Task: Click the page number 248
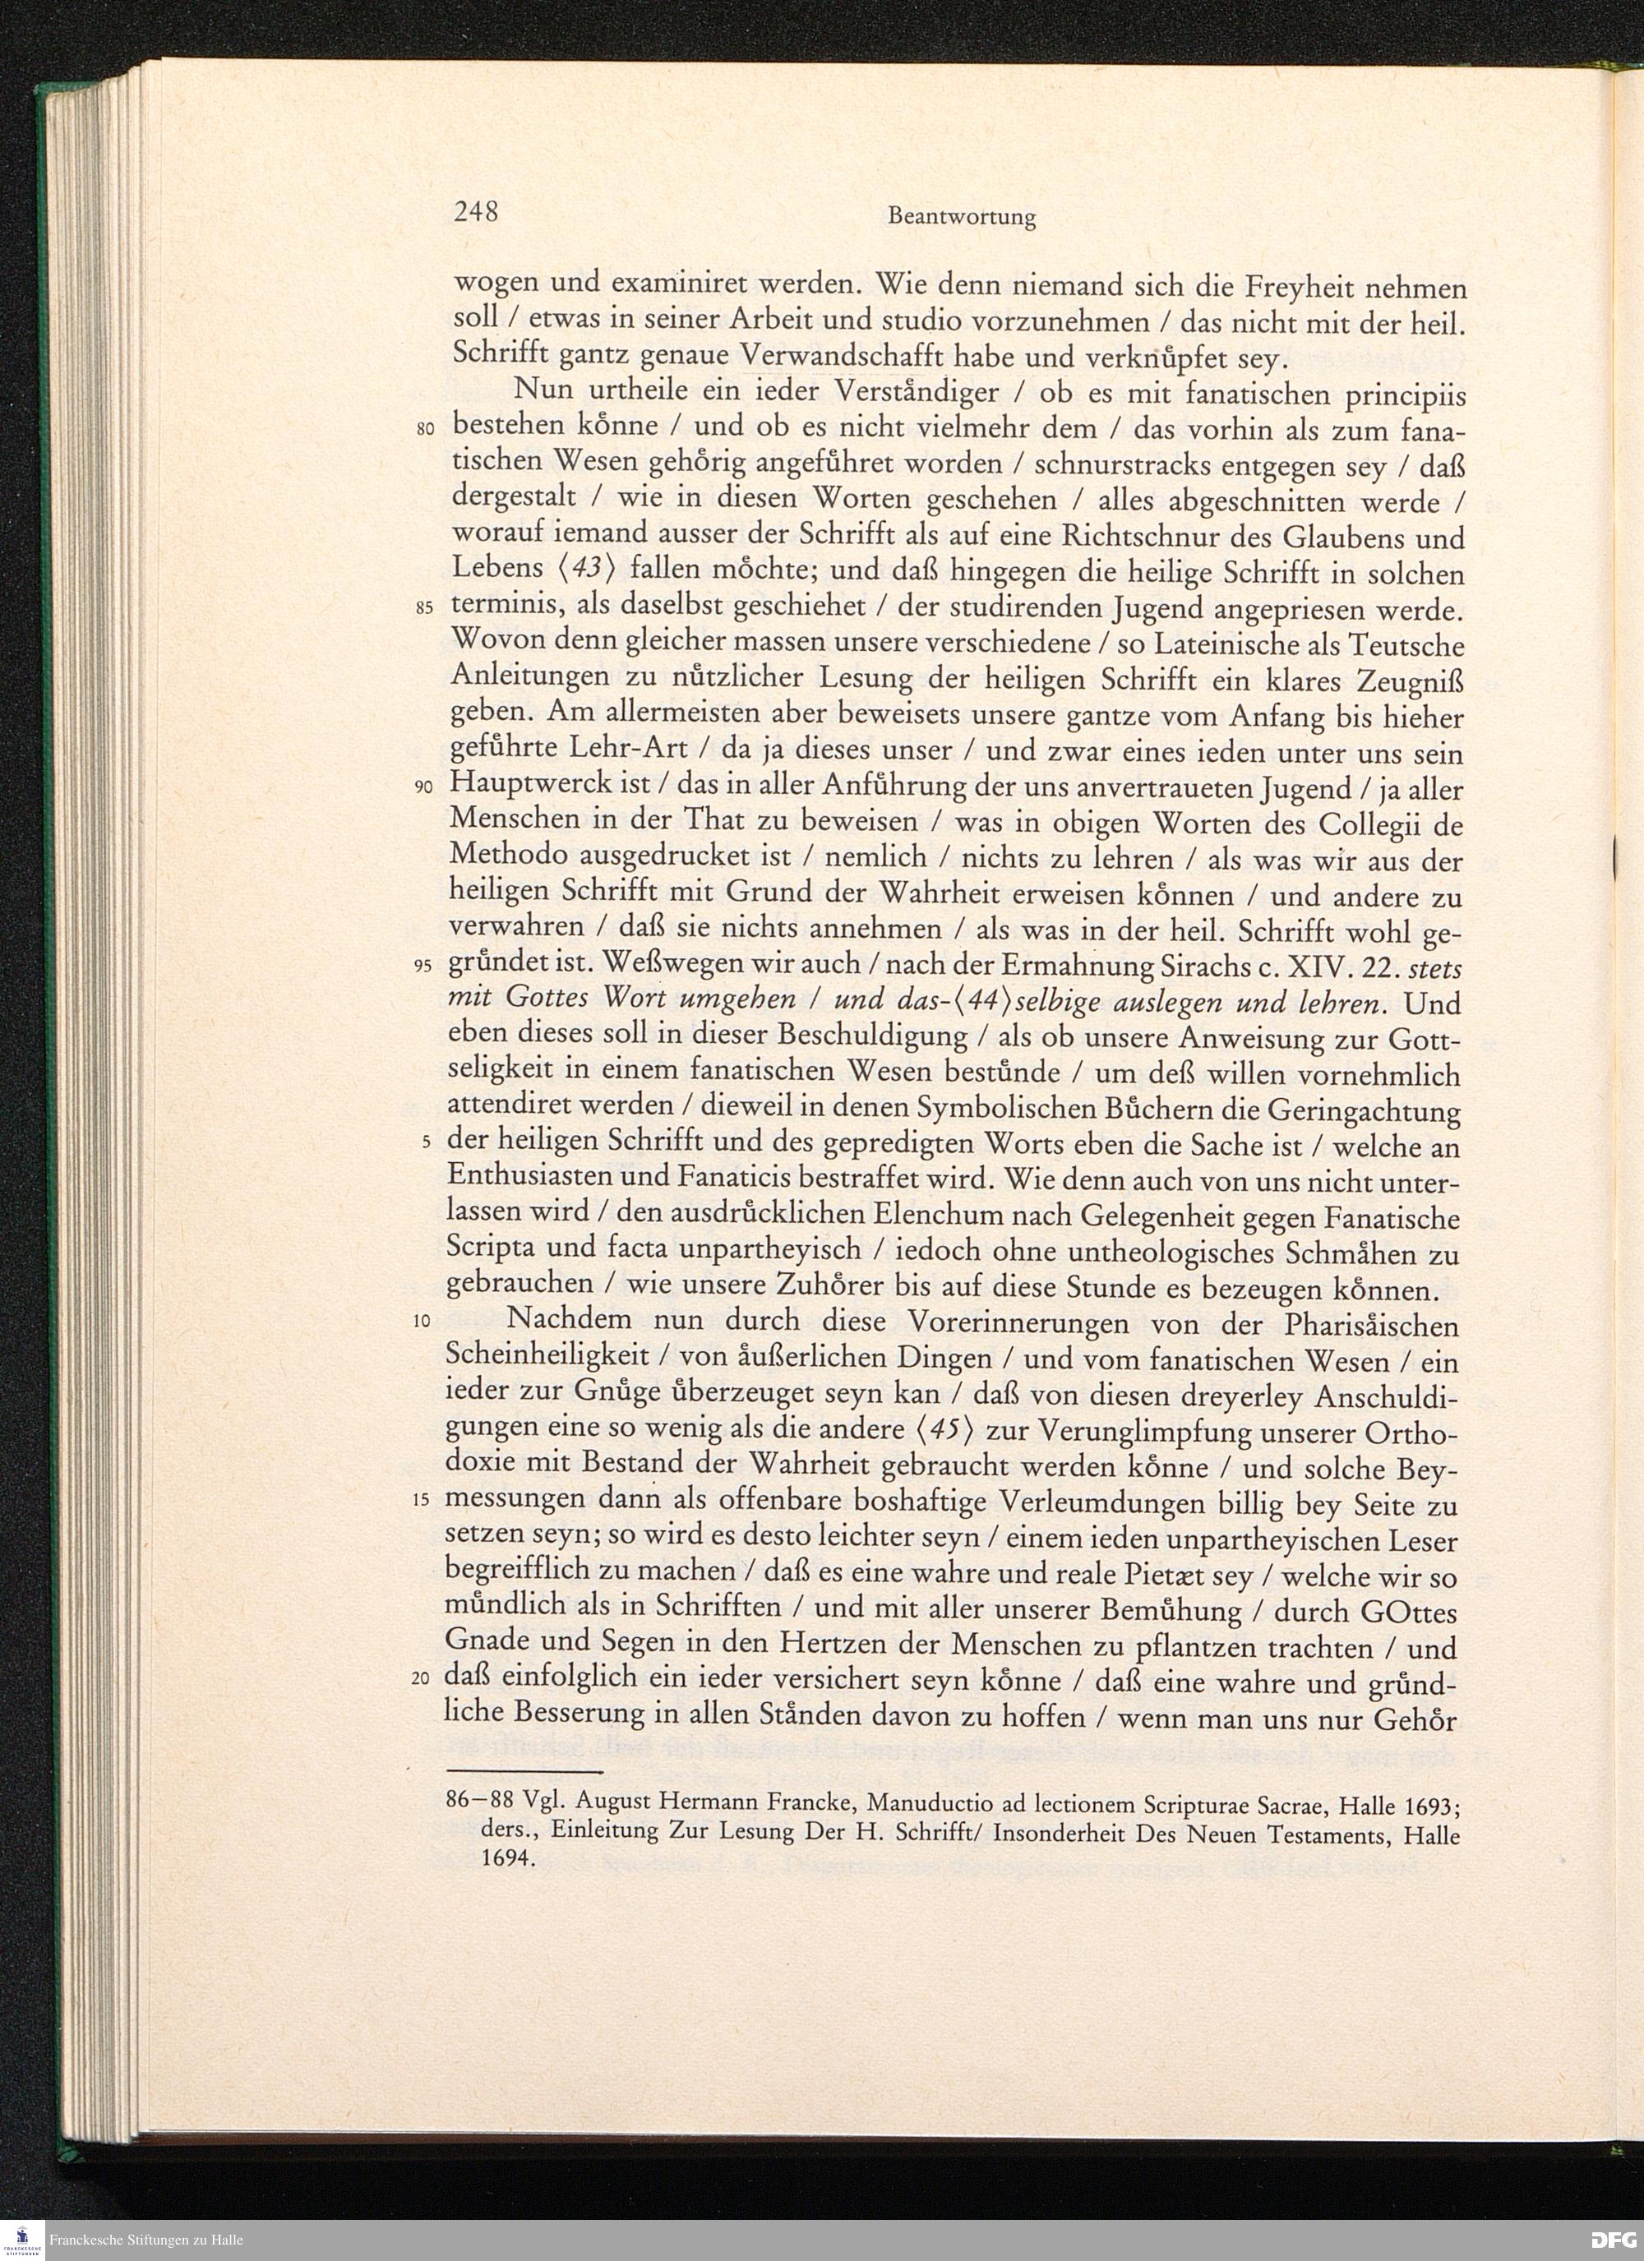[476, 212]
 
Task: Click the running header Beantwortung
[961, 217]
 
